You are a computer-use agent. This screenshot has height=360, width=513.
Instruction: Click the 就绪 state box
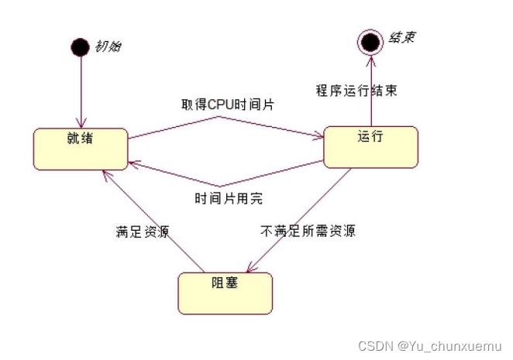coord(80,149)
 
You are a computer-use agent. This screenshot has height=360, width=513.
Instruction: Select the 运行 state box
coord(370,146)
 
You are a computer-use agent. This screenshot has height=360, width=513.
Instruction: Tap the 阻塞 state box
coord(225,293)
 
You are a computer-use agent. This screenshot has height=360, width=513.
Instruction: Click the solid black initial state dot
coord(80,48)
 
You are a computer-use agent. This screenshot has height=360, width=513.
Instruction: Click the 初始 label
coord(108,46)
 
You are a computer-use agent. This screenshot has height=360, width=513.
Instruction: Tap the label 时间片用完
coord(228,198)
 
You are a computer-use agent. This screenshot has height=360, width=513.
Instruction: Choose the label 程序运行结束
coord(356,91)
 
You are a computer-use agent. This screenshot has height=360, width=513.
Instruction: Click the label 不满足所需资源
coord(308,231)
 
